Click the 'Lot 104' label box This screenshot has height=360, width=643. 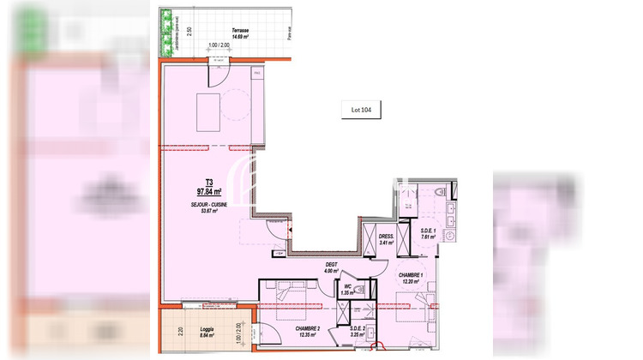pos(361,109)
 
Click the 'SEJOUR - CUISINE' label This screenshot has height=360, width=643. pos(208,206)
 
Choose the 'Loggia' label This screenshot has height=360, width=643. pos(198,329)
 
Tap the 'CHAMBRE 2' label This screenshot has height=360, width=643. pos(307,328)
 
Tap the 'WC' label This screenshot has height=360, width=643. pos(347,286)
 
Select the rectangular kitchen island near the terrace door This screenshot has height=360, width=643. pos(208,112)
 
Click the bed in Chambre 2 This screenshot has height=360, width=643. pos(283,300)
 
